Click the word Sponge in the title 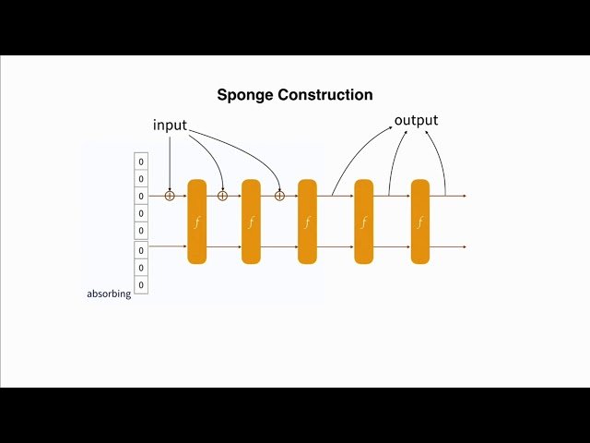coord(244,95)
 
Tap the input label coord(170,125)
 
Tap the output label coord(416,121)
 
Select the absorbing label coord(109,293)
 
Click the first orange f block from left coord(196,221)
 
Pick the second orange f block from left coord(251,221)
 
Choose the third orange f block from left coord(307,221)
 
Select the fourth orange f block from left coord(364,221)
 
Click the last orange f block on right coord(420,221)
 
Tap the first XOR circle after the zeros coord(170,196)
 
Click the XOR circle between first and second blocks coord(222,196)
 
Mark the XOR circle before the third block coord(279,196)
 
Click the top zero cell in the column coord(141,162)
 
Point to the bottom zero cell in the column coord(141,284)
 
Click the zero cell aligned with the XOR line coord(141,196)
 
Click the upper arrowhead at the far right coord(464,196)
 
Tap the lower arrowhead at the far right coord(464,247)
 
